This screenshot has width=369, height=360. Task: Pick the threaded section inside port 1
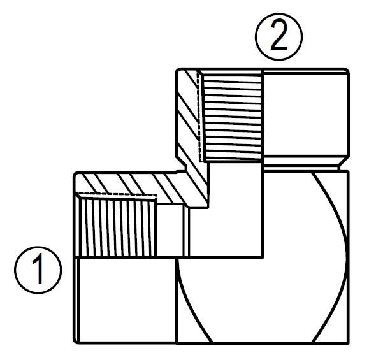(115, 227)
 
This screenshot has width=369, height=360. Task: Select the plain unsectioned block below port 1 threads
(124, 299)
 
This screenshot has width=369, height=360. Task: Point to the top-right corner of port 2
(347, 69)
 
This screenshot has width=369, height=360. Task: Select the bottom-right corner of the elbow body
(349, 342)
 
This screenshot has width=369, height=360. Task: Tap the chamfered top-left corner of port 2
(179, 71)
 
